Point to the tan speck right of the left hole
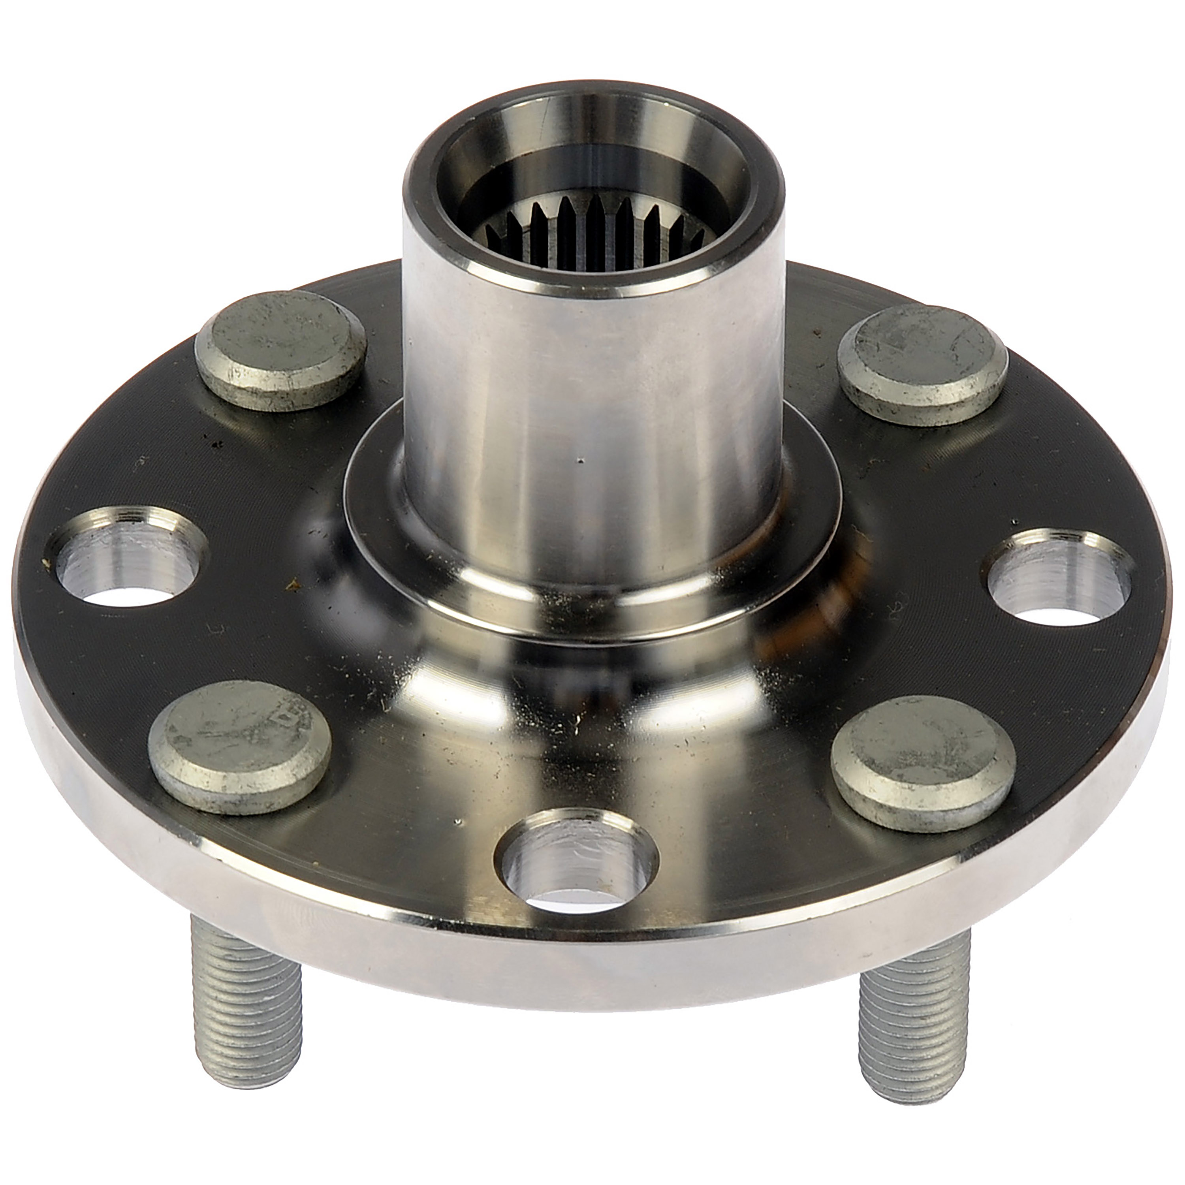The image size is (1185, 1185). (x=295, y=585)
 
